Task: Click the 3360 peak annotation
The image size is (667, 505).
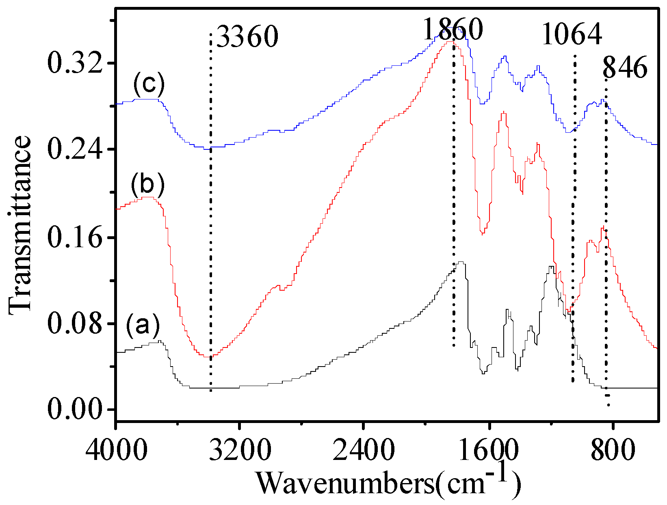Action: [247, 37]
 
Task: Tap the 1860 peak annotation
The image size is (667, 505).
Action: [453, 29]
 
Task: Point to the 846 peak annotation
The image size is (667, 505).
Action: [625, 67]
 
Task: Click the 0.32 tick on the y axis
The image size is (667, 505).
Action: [75, 63]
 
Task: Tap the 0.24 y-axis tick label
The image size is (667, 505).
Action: [75, 149]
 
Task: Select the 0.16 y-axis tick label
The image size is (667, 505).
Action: [75, 237]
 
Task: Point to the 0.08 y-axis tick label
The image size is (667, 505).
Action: [75, 324]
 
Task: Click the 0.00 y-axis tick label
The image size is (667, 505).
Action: [75, 410]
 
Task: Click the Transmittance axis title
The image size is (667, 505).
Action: [19, 225]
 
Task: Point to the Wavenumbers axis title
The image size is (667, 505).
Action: [388, 483]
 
